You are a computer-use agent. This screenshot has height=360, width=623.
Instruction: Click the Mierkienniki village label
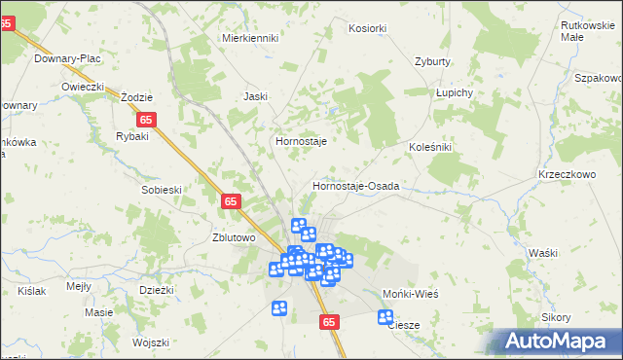coord(250,38)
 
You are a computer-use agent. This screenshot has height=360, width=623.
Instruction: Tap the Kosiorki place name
coord(367,29)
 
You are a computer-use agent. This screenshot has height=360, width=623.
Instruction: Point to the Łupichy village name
coord(454,92)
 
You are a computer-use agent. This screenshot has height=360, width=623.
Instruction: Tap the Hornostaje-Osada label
coord(356,185)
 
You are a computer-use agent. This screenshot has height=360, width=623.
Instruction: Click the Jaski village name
coord(255,96)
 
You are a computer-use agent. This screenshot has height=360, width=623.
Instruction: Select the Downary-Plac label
coord(67,58)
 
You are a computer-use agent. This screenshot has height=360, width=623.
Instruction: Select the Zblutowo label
coord(234,237)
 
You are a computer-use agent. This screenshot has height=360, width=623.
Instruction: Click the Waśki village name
coord(543,253)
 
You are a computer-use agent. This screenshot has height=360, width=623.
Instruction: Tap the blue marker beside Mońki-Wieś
coord(385,317)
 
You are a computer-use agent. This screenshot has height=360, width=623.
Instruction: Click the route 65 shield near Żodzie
coord(146,120)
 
